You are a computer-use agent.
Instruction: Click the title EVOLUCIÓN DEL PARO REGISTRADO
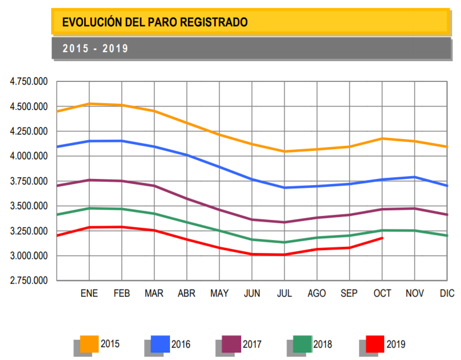pyautogui.click(x=155, y=22)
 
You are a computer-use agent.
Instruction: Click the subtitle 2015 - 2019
pyautogui.click(x=95, y=49)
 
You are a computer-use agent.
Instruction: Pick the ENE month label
pyautogui.click(x=89, y=294)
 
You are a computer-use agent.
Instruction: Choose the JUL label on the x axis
pyautogui.click(x=284, y=294)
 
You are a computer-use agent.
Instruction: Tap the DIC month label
pyautogui.click(x=447, y=294)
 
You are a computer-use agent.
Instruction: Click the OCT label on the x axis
pyautogui.click(x=382, y=294)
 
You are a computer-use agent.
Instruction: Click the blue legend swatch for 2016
pyautogui.click(x=160, y=343)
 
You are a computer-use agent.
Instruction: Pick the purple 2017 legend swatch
pyautogui.click(x=232, y=343)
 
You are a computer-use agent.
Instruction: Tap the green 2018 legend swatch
pyautogui.click(x=303, y=343)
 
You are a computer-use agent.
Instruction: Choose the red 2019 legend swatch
pyautogui.click(x=374, y=343)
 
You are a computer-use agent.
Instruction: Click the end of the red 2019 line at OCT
pyautogui.click(x=382, y=238)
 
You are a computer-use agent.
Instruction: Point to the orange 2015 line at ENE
pyautogui.click(x=89, y=104)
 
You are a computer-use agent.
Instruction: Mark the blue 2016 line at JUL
pyautogui.click(x=284, y=188)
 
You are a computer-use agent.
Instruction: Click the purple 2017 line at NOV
pyautogui.click(x=414, y=209)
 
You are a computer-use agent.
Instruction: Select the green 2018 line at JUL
pyautogui.click(x=284, y=242)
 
